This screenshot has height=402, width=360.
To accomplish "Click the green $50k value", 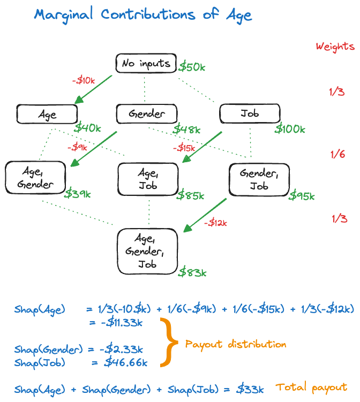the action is [192, 67].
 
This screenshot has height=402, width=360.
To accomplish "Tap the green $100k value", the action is [290, 128].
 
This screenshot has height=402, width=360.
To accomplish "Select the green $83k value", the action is [192, 272].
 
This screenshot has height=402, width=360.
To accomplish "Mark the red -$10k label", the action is [84, 80].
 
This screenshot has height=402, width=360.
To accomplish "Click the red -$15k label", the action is [184, 148].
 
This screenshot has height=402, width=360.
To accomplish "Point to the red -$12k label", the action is [215, 223].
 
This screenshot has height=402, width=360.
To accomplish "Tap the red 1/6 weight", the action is [337, 154].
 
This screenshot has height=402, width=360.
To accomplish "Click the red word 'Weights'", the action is [335, 47].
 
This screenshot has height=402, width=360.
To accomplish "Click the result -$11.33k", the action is [122, 322].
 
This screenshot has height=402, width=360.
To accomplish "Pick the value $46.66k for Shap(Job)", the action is [126, 362].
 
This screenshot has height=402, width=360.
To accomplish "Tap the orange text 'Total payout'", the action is [311, 388].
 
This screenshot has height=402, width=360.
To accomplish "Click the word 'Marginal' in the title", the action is [63, 15].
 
